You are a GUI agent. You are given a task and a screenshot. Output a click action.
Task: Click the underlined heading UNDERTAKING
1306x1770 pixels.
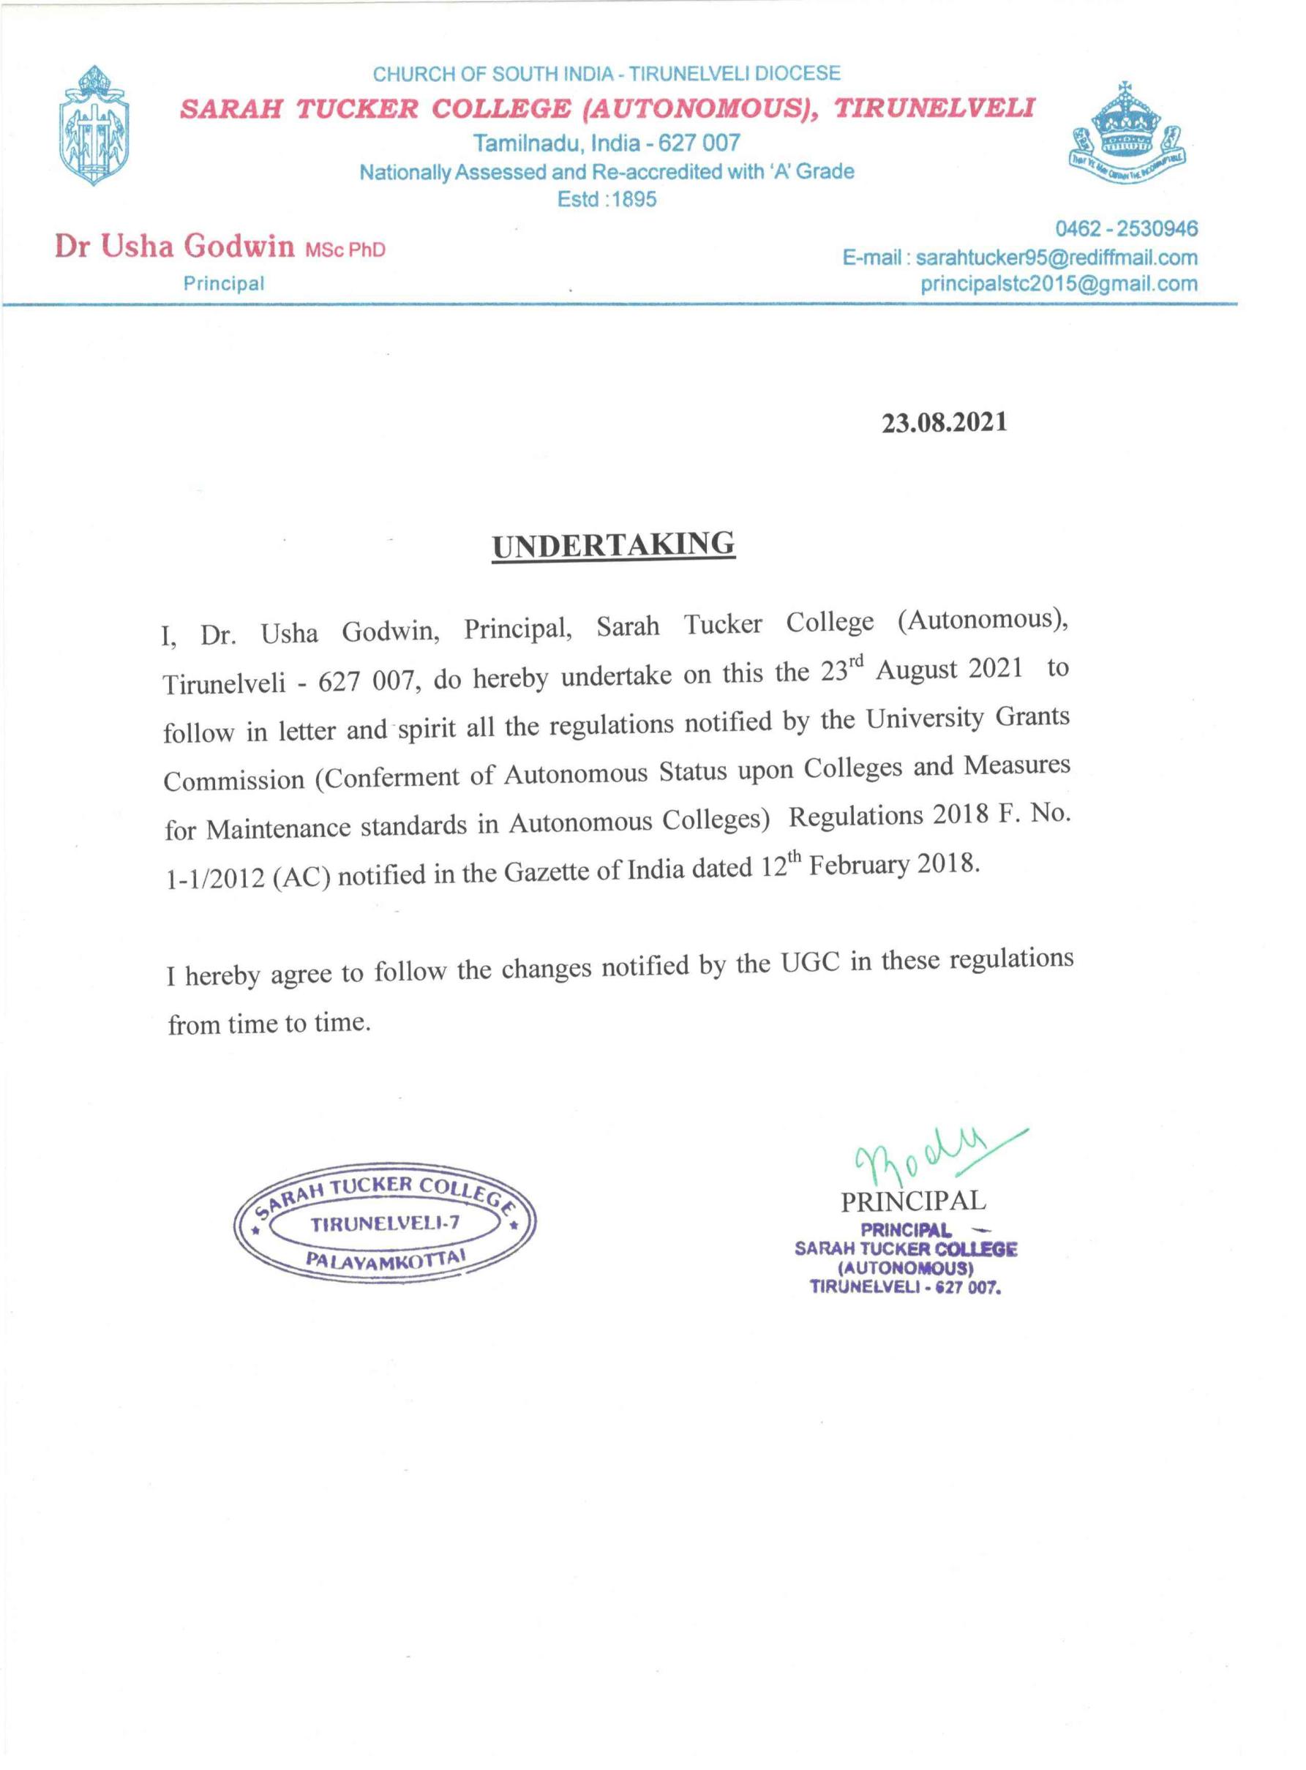pos(612,545)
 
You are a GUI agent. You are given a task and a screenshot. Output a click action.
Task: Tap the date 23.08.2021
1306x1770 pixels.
pos(944,423)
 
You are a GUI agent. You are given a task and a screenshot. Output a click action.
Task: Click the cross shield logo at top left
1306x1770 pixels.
pos(95,127)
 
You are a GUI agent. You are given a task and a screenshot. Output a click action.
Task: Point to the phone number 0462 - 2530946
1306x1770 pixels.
pos(1127,229)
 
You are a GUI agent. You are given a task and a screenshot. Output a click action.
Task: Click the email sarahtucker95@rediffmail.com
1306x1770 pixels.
pos(1057,258)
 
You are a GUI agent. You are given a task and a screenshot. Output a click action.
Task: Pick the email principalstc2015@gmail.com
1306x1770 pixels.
pos(1059,284)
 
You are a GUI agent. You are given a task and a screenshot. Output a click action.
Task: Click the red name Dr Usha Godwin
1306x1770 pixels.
pos(174,247)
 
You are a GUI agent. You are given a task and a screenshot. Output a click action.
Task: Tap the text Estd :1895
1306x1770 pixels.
pos(607,199)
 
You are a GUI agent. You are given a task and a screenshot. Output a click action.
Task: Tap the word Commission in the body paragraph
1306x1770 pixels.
pos(234,781)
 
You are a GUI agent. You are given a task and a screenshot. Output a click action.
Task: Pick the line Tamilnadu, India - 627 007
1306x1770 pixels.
pos(607,143)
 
